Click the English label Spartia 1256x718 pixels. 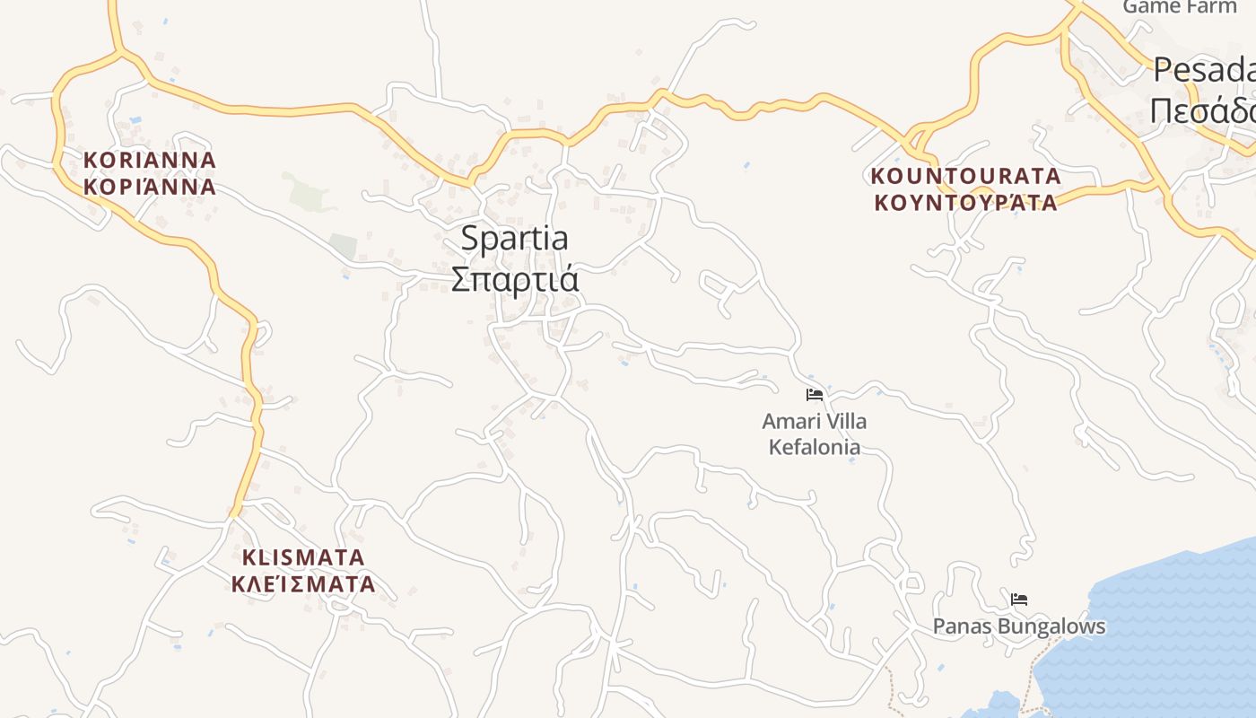514,239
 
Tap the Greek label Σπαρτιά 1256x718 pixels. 514,279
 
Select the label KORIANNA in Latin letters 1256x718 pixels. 150,161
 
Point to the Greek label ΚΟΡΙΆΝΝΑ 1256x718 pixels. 150,187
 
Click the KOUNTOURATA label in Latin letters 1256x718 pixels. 965,176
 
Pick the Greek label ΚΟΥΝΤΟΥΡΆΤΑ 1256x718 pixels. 965,202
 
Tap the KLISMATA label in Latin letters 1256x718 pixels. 303,557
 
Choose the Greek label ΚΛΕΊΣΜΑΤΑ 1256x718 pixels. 303,584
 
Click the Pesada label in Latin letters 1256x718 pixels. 1204,70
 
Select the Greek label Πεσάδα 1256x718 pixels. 1202,111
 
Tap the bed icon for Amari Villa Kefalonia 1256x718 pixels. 815,395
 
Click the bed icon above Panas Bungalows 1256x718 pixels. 1019,600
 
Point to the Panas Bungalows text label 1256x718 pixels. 1019,626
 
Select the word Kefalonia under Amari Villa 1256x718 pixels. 815,446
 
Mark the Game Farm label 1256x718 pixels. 1180,7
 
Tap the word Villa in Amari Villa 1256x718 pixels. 845,421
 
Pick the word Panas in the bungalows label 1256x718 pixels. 959,626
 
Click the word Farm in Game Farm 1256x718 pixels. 1212,7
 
